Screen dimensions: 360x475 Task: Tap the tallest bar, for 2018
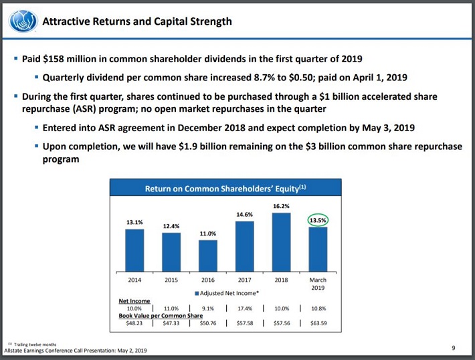coord(282,240)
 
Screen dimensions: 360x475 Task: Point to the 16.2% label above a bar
coord(281,206)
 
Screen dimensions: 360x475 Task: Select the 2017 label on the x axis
coord(245,280)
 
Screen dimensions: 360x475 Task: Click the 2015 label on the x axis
coord(171,280)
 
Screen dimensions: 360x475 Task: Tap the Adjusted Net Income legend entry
coord(227,293)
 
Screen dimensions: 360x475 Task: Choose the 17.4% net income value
coord(245,308)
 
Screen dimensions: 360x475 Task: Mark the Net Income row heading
coord(134,302)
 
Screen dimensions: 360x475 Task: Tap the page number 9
coord(453,347)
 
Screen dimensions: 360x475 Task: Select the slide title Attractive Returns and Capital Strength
coord(137,21)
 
